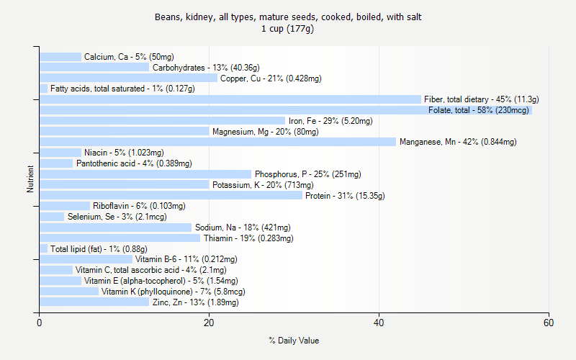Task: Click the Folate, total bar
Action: coord(286,110)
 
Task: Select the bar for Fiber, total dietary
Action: coord(230,99)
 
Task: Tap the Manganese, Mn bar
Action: coord(217,142)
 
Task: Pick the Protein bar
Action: coord(171,195)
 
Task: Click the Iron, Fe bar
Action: coord(162,121)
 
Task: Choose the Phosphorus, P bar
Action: coord(145,174)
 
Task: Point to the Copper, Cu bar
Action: coord(128,78)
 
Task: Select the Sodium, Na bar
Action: coord(115,228)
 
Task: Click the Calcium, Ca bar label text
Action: coord(129,57)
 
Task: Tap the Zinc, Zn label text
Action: coord(195,302)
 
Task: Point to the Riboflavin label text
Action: coord(139,206)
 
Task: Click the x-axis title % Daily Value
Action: coord(294,341)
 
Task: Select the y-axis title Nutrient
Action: coord(30,179)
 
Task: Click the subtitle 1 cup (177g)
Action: coord(294,29)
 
